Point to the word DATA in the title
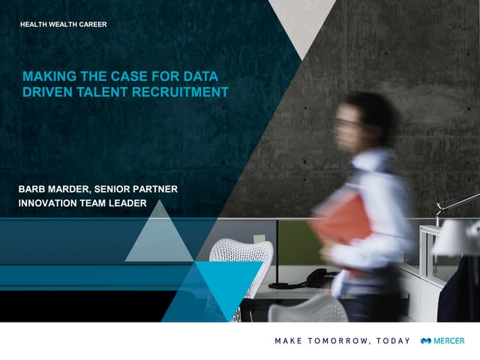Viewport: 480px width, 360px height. pyautogui.click(x=201, y=76)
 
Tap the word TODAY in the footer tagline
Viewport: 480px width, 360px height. pyautogui.click(x=393, y=340)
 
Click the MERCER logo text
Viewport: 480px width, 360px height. pyautogui.click(x=449, y=340)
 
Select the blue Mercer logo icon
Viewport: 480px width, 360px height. pyautogui.click(x=426, y=340)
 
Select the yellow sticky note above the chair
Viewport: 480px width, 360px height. pyautogui.click(x=259, y=238)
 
